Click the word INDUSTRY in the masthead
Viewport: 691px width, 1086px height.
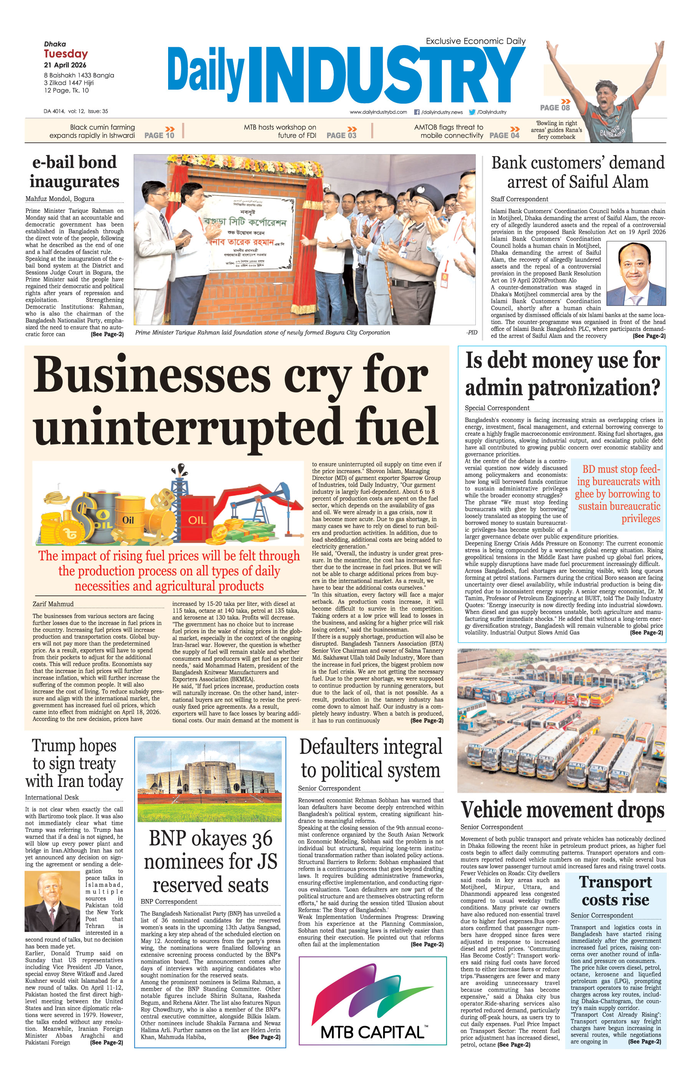tap(386, 76)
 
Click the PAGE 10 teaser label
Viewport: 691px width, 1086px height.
tap(159, 135)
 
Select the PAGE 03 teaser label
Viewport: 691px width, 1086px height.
tap(341, 135)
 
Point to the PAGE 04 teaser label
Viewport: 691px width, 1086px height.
tap(504, 135)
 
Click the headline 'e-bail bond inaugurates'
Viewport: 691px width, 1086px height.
tap(74, 172)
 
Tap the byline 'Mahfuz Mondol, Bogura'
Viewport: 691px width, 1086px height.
tap(60, 198)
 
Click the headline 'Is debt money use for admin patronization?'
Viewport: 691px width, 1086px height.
tap(562, 374)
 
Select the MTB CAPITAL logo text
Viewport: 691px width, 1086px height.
tap(372, 1032)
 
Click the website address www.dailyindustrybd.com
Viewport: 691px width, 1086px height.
tap(378, 112)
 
